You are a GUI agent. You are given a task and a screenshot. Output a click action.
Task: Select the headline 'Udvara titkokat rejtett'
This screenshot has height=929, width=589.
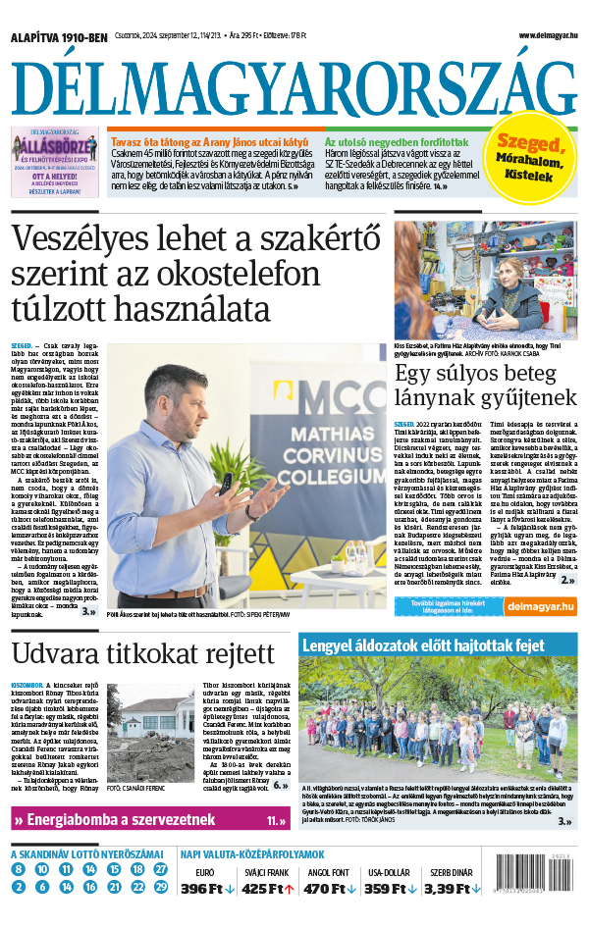129,654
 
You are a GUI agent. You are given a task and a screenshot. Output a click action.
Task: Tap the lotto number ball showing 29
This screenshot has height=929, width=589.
161,888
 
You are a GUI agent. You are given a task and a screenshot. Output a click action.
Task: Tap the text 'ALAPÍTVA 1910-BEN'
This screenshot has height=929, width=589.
59,36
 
